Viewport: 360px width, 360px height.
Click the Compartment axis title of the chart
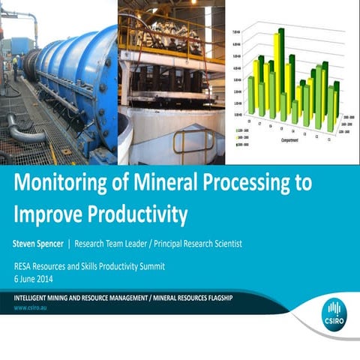click(x=292, y=139)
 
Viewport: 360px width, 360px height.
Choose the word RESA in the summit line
click(x=25, y=266)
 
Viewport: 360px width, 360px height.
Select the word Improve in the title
click(x=46, y=214)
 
